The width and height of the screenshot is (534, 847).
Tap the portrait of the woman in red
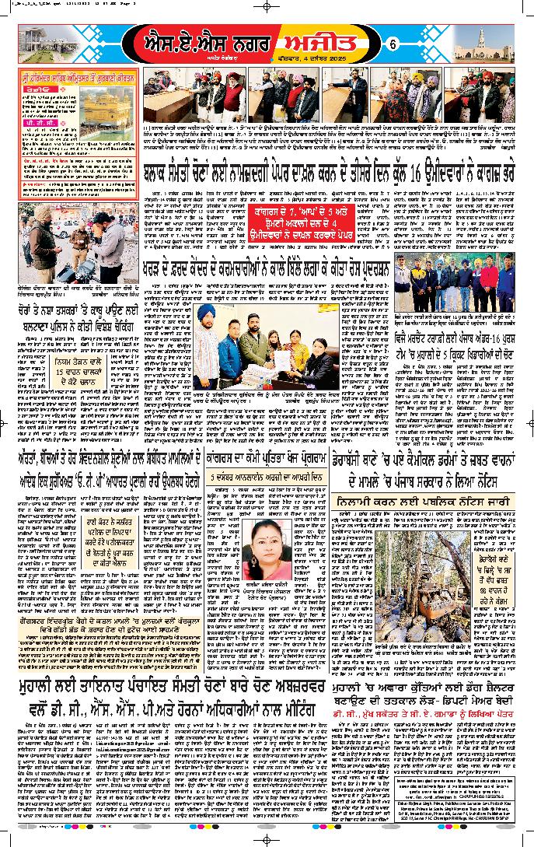274,544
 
